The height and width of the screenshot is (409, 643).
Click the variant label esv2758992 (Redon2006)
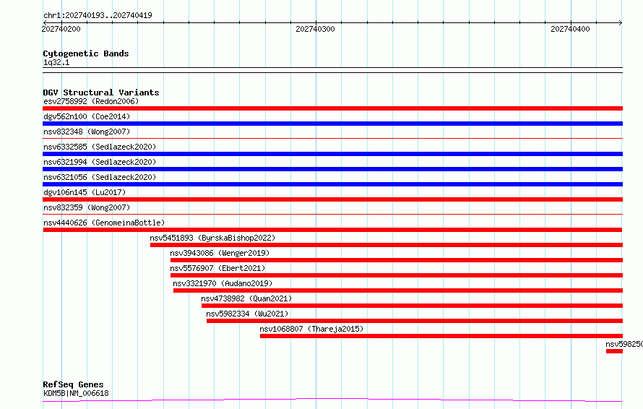[91, 101]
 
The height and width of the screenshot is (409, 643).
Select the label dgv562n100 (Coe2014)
[87, 116]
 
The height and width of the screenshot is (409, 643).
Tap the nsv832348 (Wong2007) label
[87, 132]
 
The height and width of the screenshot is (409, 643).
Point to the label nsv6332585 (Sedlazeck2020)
[100, 147]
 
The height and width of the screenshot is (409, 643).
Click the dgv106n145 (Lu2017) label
[85, 192]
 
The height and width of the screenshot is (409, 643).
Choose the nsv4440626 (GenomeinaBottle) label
[104, 223]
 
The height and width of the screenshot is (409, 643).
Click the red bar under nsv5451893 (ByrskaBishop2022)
[387, 245]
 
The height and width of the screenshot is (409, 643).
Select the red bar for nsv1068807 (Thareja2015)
[441, 336]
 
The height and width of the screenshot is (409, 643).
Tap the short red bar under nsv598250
[614, 351]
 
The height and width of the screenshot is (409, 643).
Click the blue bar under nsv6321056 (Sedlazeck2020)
[332, 184]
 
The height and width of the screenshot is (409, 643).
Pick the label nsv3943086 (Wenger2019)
[220, 253]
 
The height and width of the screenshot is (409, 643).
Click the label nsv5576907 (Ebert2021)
[217, 268]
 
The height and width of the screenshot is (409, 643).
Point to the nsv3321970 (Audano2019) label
[223, 283]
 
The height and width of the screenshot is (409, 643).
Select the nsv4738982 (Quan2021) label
[246, 298]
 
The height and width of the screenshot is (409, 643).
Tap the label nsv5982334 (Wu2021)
[247, 314]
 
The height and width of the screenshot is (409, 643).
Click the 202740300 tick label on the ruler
[315, 29]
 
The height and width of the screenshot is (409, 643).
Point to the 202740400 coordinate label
[571, 29]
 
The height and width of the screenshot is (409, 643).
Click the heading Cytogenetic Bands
[86, 53]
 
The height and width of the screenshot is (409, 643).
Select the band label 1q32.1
[56, 62]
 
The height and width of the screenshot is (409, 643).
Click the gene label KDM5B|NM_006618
[77, 393]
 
